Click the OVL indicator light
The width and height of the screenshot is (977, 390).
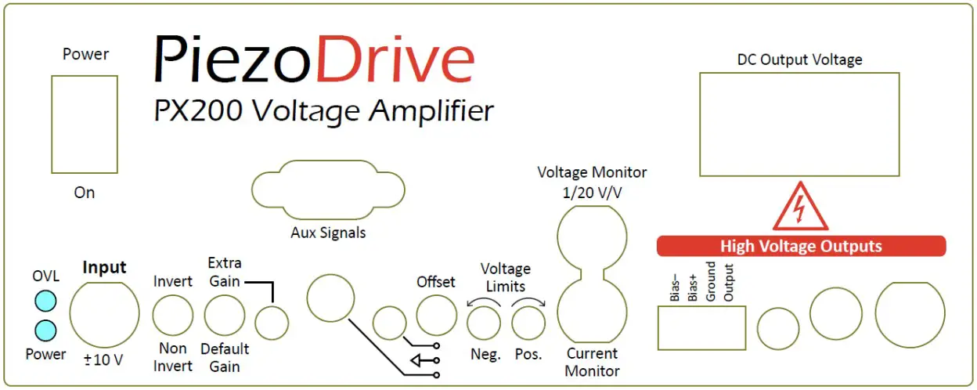pos(46,301)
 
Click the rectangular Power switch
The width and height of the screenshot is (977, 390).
pos(84,124)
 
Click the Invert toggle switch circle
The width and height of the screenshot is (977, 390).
pos(172,316)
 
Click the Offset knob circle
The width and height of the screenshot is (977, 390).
pos(436,316)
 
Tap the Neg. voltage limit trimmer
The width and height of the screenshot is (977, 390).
pos(485,323)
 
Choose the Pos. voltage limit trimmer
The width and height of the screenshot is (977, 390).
pos(528,323)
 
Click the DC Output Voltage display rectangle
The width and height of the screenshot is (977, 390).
pos(799,124)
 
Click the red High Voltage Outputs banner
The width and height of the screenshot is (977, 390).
pos(800,247)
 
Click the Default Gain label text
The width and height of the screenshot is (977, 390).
pos(225,357)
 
